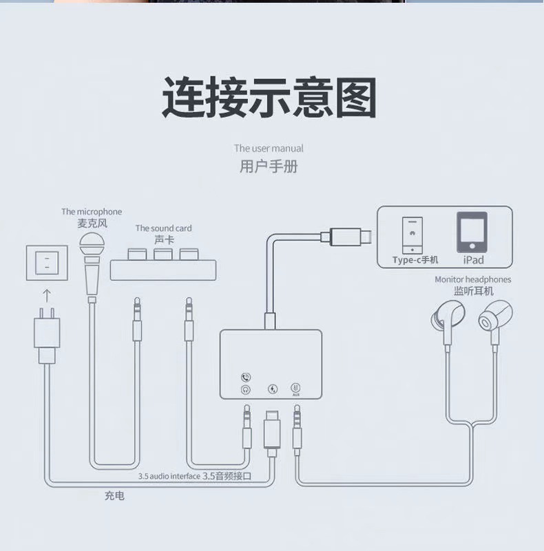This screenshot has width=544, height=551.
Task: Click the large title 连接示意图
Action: (x=269, y=98)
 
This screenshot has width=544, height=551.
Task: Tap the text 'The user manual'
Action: (x=269, y=148)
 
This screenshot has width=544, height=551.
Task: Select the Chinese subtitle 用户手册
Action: (x=269, y=166)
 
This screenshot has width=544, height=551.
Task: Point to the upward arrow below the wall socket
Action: (x=47, y=296)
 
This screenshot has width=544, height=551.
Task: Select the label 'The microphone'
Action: (x=92, y=212)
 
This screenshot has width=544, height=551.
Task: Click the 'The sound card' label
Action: (x=163, y=228)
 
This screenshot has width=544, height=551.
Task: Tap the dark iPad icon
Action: (x=472, y=232)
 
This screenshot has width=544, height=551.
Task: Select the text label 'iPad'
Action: (x=473, y=260)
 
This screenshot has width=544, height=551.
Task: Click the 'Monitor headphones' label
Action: (x=473, y=279)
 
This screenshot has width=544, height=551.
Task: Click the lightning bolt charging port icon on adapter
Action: (x=273, y=389)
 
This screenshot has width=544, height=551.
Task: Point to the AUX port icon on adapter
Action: (x=296, y=389)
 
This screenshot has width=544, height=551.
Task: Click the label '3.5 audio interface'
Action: (x=169, y=476)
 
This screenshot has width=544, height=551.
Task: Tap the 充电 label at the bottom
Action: (x=114, y=495)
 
